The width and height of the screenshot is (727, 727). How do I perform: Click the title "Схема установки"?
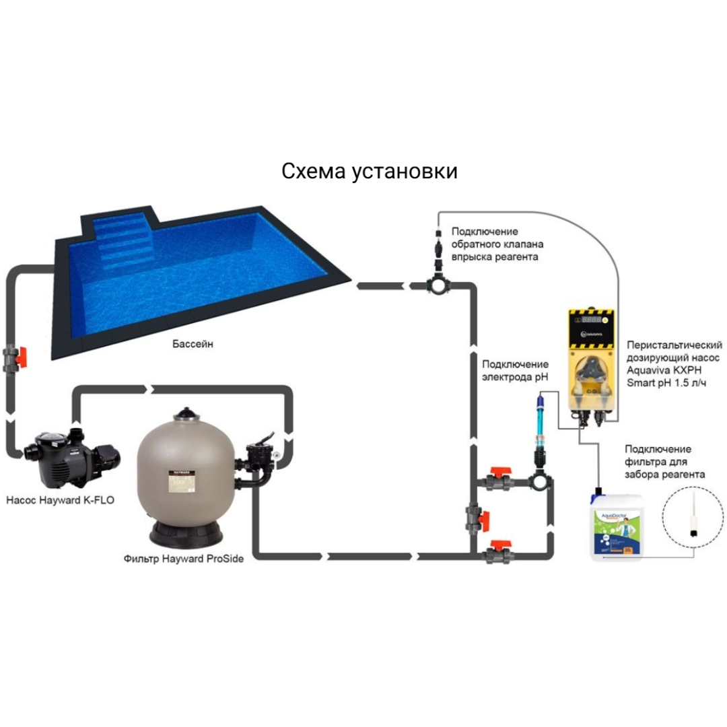370,171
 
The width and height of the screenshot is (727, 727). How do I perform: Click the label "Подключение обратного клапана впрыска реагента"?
497,244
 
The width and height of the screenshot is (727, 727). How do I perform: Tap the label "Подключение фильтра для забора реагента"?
665,462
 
